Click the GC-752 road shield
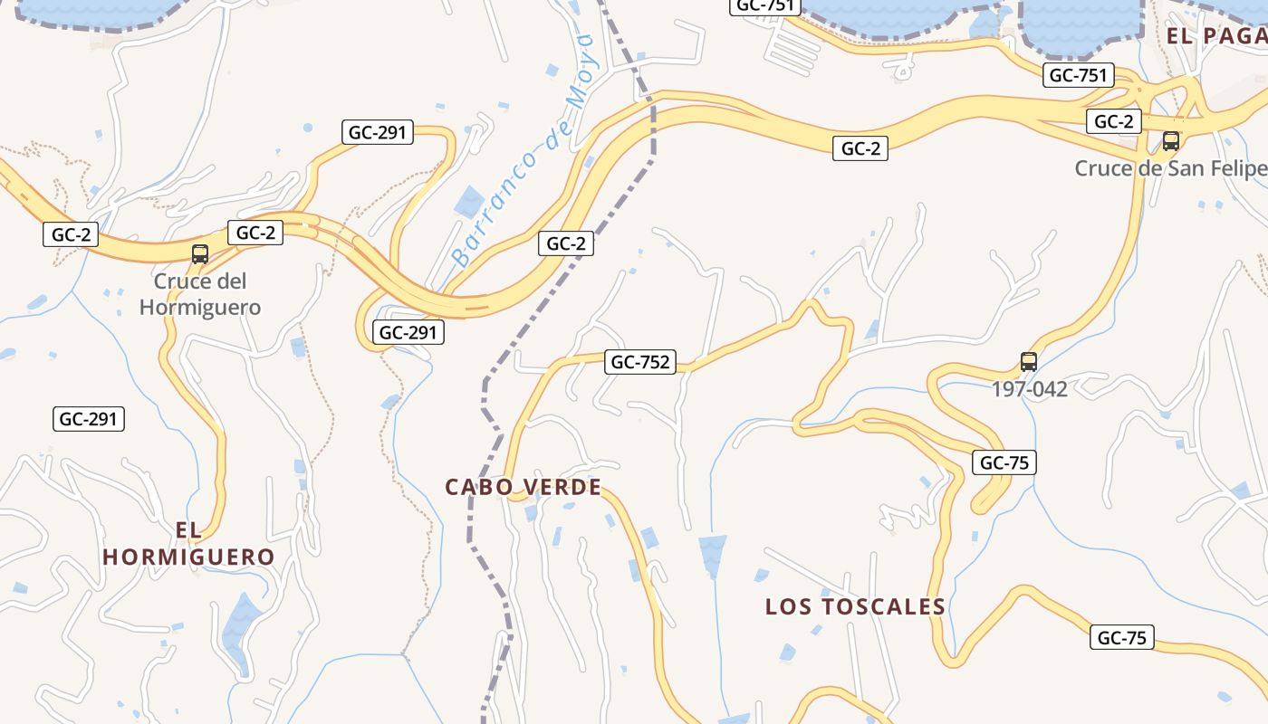(641, 363)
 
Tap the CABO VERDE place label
(524, 487)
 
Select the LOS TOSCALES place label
(855, 606)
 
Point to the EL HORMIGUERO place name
(188, 543)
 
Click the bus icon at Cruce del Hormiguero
(200, 254)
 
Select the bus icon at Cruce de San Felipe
(1170, 141)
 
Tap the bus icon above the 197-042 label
(1029, 362)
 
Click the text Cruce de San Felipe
(1170, 168)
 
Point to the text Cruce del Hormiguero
(200, 294)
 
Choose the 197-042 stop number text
(1029, 390)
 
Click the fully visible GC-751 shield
(1079, 75)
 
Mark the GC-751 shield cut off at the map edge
(765, 5)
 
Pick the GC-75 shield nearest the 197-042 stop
(1004, 462)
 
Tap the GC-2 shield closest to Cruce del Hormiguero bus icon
(255, 233)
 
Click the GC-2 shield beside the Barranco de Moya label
(566, 243)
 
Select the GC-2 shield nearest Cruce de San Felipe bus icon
(1113, 121)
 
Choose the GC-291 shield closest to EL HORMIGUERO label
(89, 419)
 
